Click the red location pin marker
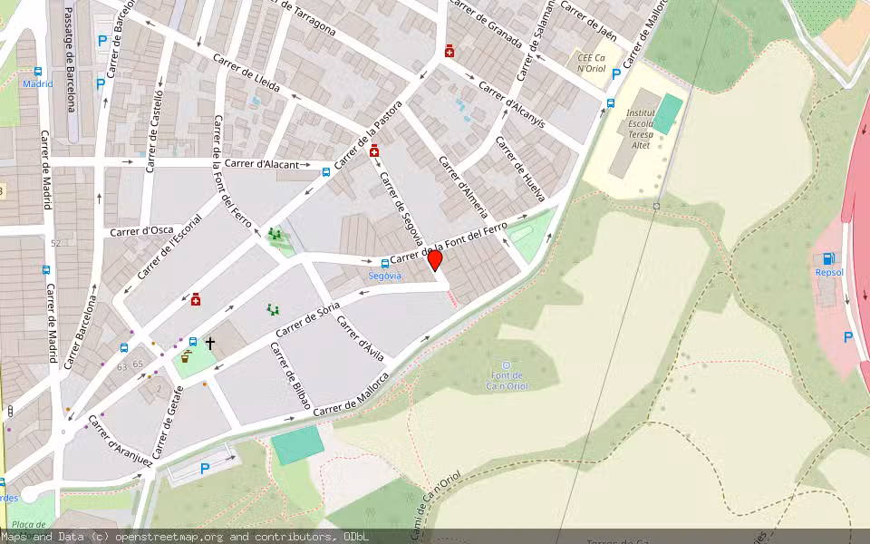(434, 260)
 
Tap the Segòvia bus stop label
(384, 275)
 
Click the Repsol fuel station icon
(828, 258)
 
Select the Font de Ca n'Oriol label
(507, 380)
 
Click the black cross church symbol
(210, 344)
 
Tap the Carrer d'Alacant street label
(262, 163)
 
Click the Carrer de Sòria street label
(307, 321)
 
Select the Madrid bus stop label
(37, 83)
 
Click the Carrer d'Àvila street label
(360, 333)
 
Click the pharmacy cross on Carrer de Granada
(449, 52)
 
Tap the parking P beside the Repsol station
(847, 336)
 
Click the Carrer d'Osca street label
(142, 231)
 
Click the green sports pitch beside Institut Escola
(668, 113)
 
